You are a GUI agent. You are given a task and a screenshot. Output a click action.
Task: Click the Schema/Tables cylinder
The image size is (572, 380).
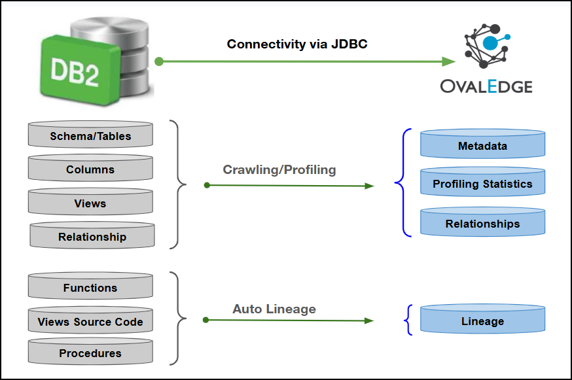pyautogui.click(x=90, y=136)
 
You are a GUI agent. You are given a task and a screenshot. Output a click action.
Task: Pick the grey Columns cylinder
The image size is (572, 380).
pyautogui.click(x=90, y=169)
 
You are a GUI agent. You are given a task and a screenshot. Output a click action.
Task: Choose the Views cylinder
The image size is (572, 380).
pyautogui.click(x=90, y=203)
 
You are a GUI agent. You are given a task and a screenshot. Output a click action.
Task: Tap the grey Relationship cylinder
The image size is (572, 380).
pyautogui.click(x=92, y=237)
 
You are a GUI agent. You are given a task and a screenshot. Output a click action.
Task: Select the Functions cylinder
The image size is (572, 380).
pyautogui.click(x=90, y=288)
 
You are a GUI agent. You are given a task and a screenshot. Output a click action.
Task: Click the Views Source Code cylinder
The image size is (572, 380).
pyautogui.click(x=90, y=321)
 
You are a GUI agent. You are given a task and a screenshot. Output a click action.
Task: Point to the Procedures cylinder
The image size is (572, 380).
pyautogui.click(x=90, y=353)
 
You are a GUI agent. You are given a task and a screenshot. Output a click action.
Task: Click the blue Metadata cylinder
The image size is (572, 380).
pyautogui.click(x=482, y=146)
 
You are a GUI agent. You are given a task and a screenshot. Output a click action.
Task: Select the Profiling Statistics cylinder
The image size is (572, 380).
pyautogui.click(x=482, y=184)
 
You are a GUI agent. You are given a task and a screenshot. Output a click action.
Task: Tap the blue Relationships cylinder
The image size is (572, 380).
pyautogui.click(x=482, y=223)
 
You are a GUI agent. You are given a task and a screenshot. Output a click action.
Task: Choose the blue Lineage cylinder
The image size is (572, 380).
pyautogui.click(x=482, y=320)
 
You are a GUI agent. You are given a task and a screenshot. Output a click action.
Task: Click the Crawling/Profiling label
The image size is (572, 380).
pyautogui.click(x=279, y=170)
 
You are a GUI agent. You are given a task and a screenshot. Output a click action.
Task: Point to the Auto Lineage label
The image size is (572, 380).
pyautogui.click(x=274, y=309)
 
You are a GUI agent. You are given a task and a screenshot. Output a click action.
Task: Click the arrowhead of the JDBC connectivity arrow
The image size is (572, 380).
pyautogui.click(x=448, y=61)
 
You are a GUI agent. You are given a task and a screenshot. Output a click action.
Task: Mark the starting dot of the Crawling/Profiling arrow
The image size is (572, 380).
pyautogui.click(x=207, y=185)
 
